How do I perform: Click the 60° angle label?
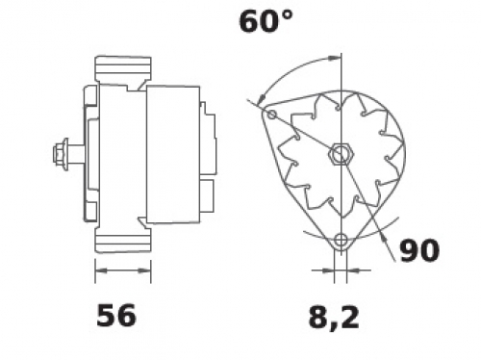[266, 21]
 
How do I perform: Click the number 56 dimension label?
[116, 316]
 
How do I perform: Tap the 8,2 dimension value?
[334, 318]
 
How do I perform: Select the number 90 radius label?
[418, 250]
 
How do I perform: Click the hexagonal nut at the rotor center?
[341, 155]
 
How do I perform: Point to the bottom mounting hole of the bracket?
[341, 240]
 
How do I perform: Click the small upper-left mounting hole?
[272, 114]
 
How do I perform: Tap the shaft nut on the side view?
[60, 155]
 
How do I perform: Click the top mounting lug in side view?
[123, 69]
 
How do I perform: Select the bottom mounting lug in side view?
[123, 240]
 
